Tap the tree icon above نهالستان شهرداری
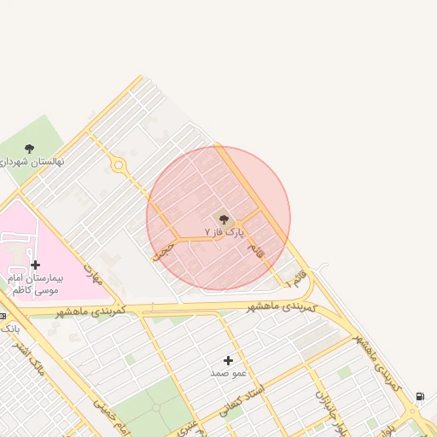pyautogui.click(x=30, y=149)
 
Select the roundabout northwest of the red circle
pyautogui.click(x=119, y=166)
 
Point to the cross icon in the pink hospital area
pyautogui.click(x=35, y=265)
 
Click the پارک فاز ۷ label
pyautogui.click(x=224, y=231)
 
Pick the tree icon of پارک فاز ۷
pyautogui.click(x=224, y=219)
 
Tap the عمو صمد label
pyautogui.click(x=228, y=373)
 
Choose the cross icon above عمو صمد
pyautogui.click(x=228, y=361)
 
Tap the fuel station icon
pyautogui.click(x=420, y=397)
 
